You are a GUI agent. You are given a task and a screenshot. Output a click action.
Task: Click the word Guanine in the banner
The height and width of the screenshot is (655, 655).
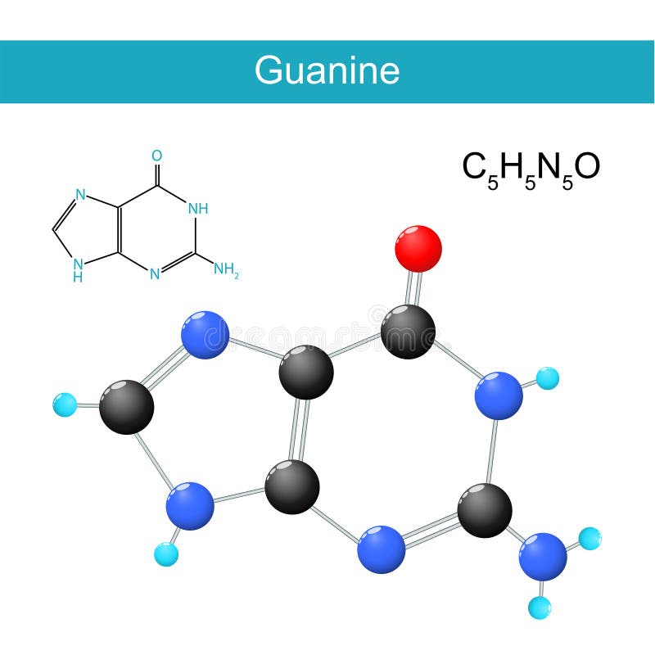327,70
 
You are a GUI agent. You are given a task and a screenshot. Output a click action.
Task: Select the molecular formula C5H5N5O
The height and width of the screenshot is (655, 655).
531,168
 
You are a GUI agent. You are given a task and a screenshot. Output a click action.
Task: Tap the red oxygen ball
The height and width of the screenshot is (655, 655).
418,248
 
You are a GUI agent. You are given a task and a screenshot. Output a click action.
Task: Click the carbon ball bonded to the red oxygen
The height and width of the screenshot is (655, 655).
408,331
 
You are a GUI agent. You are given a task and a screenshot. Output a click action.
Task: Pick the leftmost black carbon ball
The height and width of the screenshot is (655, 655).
126,406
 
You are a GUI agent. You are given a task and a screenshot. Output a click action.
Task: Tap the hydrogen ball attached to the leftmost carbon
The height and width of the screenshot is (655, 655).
64,404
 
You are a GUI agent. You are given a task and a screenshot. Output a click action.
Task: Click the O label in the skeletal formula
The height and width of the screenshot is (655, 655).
156,156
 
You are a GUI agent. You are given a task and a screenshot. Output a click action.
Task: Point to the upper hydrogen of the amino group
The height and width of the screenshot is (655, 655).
589,539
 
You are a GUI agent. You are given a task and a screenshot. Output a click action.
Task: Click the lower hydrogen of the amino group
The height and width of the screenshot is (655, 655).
540,608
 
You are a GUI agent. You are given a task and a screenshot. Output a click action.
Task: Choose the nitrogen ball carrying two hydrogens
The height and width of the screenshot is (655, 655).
542,557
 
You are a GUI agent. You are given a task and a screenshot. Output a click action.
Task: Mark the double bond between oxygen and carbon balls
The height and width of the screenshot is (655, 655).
414,287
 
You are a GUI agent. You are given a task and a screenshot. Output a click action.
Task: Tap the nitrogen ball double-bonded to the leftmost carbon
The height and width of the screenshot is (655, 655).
204,334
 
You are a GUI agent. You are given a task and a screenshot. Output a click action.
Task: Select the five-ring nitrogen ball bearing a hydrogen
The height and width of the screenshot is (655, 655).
190,506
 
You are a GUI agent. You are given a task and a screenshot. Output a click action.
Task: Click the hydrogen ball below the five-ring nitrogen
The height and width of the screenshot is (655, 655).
165,554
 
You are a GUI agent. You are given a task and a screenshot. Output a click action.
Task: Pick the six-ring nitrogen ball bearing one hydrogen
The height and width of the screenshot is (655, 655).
499,395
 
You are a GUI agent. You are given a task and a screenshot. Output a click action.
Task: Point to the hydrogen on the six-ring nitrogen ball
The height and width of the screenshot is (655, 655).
547,378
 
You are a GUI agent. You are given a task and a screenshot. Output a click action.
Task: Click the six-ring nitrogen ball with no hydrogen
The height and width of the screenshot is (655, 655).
382,549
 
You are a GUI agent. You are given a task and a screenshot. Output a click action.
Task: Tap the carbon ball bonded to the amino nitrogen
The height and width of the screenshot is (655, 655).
485,509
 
